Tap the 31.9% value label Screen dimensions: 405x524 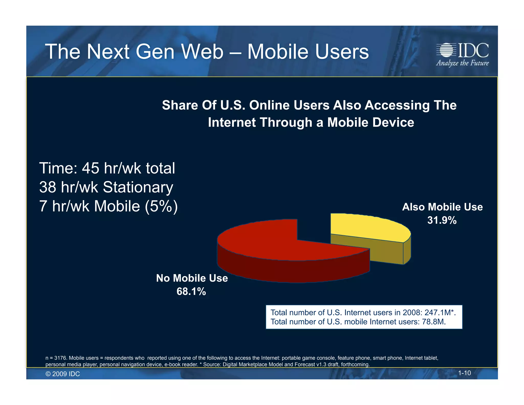click(x=442, y=220)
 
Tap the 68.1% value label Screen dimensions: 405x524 click(x=191, y=292)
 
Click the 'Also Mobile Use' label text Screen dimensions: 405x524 click(x=442, y=207)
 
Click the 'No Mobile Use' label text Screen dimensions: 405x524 click(x=192, y=278)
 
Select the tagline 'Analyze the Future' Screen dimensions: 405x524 click(x=462, y=63)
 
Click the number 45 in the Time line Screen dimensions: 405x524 click(x=90, y=168)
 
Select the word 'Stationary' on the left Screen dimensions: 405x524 click(x=138, y=187)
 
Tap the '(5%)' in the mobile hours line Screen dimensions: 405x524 click(x=161, y=206)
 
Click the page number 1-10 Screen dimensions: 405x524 click(x=464, y=373)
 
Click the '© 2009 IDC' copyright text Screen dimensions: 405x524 click(x=63, y=374)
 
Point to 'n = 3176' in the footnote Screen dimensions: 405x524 click(x=56, y=358)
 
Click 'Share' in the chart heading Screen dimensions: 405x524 click(x=180, y=105)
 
